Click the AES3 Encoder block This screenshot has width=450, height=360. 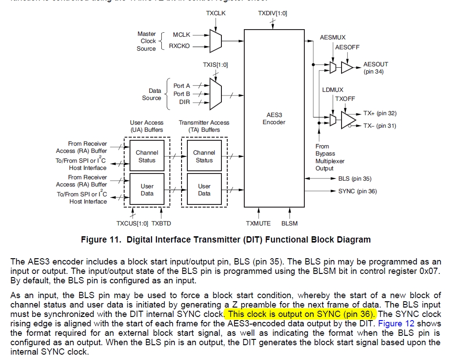[273, 118]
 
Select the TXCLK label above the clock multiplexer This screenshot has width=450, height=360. [216, 13]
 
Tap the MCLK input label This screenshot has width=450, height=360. [182, 35]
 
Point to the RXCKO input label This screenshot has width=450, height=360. [179, 46]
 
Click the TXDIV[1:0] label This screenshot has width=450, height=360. [273, 13]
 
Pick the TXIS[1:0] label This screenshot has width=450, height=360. [215, 65]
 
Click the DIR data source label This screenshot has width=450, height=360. [184, 102]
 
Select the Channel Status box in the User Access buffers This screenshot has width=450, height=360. [147, 156]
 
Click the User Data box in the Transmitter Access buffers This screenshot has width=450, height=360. [204, 190]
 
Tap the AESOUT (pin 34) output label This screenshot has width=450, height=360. [376, 68]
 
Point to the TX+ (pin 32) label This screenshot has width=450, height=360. [380, 113]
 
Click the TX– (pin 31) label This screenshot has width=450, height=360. [380, 126]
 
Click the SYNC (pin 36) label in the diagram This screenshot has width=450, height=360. [357, 191]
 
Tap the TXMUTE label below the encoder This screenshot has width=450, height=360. [258, 223]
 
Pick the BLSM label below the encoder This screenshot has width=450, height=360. [289, 223]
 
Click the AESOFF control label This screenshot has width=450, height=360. [347, 47]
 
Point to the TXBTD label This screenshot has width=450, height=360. [161, 223]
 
